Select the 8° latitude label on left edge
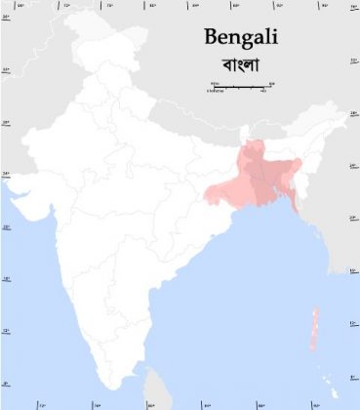6,384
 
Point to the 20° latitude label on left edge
6,228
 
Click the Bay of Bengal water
244,273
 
